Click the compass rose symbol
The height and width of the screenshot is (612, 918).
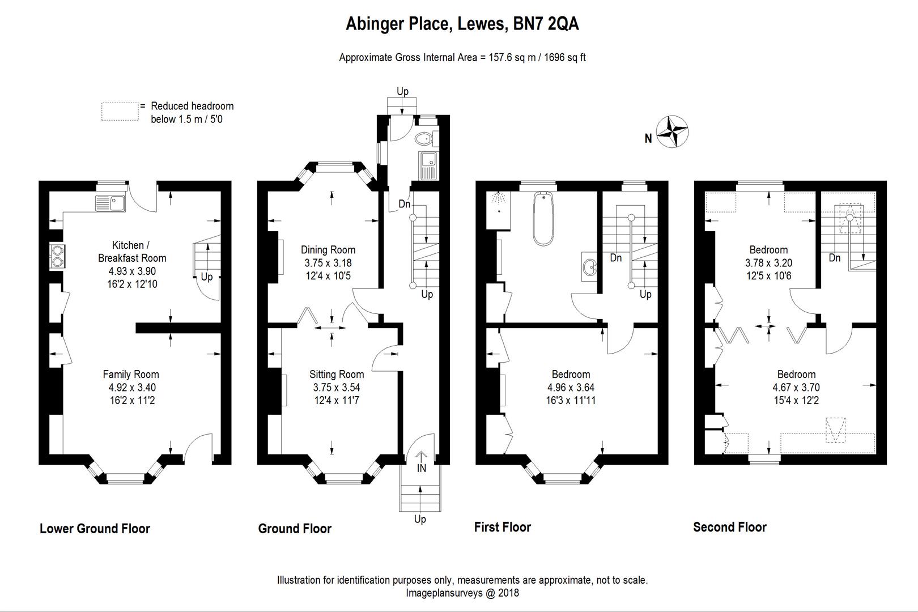[673, 131]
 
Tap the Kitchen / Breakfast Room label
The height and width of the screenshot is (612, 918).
[132, 252]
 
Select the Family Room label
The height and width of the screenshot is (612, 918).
[131, 374]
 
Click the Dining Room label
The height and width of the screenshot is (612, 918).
[328, 249]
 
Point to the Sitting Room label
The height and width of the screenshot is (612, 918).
[337, 374]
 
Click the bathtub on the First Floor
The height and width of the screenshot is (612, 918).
[543, 218]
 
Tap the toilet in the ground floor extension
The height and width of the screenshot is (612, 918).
[424, 138]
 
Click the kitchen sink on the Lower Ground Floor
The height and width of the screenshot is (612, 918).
[110, 202]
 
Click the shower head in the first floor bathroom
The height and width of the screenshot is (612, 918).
[499, 197]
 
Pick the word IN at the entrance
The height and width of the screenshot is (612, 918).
[422, 468]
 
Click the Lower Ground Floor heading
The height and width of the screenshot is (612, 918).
[95, 529]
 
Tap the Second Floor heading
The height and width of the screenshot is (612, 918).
[730, 528]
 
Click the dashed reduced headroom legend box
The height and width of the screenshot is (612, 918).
[120, 112]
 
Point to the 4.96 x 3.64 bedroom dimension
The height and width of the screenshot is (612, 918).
[571, 388]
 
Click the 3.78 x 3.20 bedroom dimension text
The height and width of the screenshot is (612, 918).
[768, 263]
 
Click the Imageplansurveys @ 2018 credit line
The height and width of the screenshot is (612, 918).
[462, 593]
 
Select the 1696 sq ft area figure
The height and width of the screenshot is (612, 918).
[565, 57]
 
